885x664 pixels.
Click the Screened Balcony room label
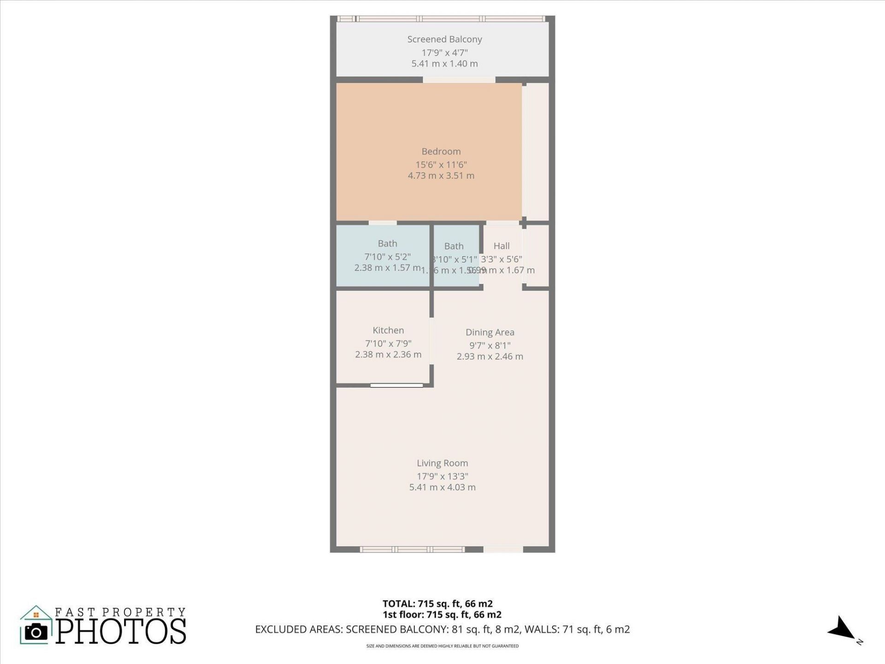(x=444, y=40)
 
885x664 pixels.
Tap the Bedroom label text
(x=441, y=152)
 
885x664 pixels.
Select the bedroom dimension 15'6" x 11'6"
(x=441, y=165)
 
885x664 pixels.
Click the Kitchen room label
(x=388, y=331)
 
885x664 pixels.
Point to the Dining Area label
(x=490, y=332)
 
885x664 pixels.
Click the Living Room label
(x=442, y=463)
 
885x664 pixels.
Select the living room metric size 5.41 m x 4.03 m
(x=442, y=487)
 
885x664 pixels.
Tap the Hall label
(x=501, y=246)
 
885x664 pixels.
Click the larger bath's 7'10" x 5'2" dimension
(x=387, y=257)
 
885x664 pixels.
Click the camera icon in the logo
(x=36, y=632)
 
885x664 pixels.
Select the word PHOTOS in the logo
(x=121, y=631)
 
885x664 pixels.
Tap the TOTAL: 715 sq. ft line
(x=437, y=604)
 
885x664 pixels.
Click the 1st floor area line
(x=442, y=615)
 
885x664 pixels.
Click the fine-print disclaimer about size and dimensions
(x=442, y=646)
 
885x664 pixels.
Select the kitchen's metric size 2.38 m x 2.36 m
(x=388, y=355)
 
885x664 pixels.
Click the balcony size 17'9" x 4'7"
(x=444, y=53)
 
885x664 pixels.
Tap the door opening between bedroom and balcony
(x=459, y=80)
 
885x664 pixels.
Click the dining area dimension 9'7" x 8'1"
(x=490, y=345)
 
